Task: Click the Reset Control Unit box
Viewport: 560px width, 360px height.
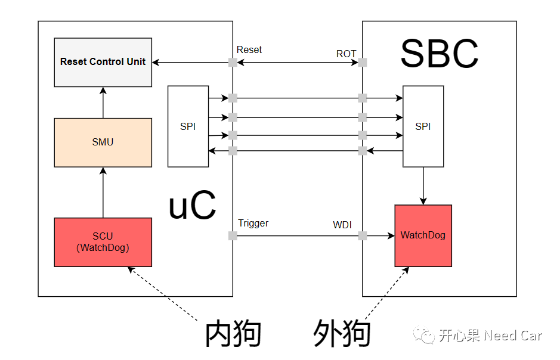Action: pyautogui.click(x=103, y=61)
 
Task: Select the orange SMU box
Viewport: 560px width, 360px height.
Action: pyautogui.click(x=103, y=142)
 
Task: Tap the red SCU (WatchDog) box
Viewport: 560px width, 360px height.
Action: pyautogui.click(x=103, y=242)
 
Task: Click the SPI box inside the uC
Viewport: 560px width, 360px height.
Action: pyautogui.click(x=188, y=126)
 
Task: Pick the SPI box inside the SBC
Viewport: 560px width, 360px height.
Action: pyautogui.click(x=423, y=126)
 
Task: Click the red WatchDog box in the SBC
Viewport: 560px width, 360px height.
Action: pyautogui.click(x=423, y=235)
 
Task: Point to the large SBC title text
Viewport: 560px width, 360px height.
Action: pyautogui.click(x=439, y=54)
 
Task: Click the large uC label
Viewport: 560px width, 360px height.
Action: pyautogui.click(x=192, y=206)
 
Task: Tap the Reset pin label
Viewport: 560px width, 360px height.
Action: pyautogui.click(x=249, y=50)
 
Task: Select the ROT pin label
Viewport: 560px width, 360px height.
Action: pyautogui.click(x=346, y=54)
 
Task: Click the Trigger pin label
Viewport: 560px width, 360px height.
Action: pyautogui.click(x=253, y=224)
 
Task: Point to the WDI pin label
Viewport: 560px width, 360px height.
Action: pyautogui.click(x=342, y=225)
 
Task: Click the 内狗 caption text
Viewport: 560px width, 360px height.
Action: pyautogui.click(x=233, y=334)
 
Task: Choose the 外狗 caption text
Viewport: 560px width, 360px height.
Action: pyautogui.click(x=342, y=334)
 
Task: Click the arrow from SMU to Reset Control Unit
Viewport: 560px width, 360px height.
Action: pyautogui.click(x=103, y=103)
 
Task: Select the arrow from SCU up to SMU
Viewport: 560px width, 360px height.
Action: pyautogui.click(x=103, y=192)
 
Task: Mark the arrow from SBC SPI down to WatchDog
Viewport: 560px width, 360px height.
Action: pyautogui.click(x=423, y=186)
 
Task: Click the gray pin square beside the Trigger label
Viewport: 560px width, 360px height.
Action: pyautogui.click(x=233, y=236)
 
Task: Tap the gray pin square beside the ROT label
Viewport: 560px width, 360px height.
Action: pyautogui.click(x=362, y=62)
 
